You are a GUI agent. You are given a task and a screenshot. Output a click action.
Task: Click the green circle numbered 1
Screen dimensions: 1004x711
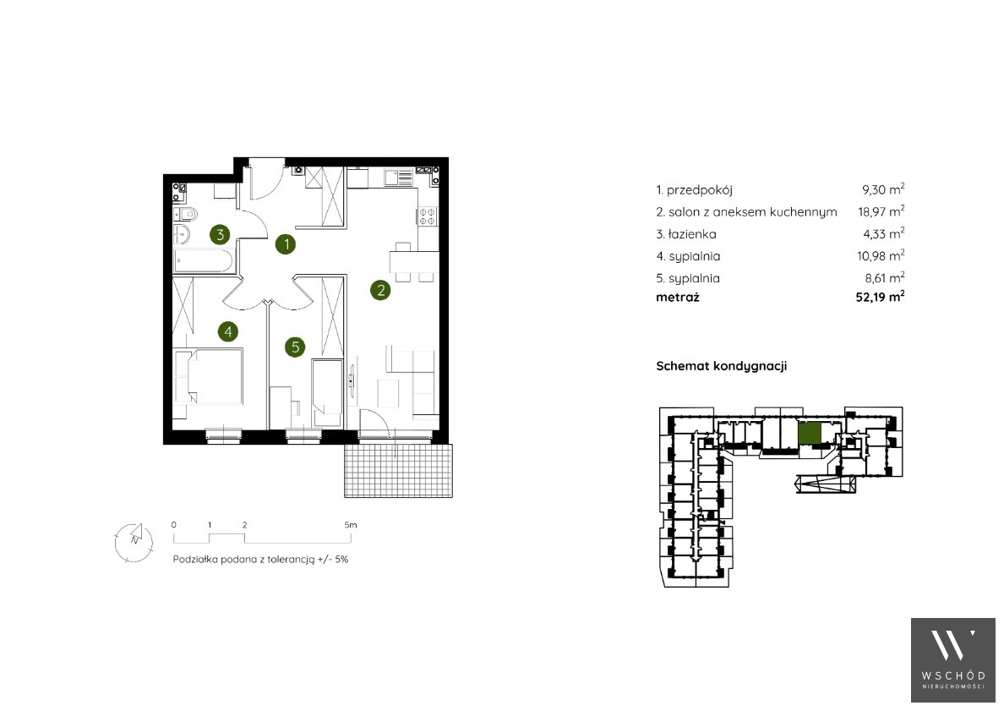pos(286,244)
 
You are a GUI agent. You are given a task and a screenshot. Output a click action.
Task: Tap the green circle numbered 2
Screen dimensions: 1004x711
pos(380,290)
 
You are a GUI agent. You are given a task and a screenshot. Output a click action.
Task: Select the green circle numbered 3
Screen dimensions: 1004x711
pos(220,234)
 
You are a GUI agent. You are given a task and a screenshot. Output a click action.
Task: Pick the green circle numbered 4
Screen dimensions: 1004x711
pos(227,331)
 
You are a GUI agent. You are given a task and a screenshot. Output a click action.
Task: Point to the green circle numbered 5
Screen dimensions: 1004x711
pos(295,347)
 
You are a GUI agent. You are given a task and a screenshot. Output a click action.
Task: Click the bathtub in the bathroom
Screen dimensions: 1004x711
pos(203,261)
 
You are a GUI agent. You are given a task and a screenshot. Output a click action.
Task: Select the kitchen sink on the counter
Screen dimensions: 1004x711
pos(399,177)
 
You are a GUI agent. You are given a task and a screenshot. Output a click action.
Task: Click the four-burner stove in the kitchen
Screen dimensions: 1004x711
pos(428,216)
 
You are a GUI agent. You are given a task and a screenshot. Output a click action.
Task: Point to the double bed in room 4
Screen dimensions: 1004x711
pos(209,376)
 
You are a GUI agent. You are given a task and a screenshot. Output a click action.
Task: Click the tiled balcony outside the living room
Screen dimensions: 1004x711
pos(398,471)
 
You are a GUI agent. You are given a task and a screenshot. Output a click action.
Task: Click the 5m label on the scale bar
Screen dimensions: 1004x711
pos(350,525)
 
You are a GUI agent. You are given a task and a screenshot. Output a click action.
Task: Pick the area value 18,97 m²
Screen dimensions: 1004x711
pos(881,211)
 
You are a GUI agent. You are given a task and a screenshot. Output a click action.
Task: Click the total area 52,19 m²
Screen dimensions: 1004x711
pos(880,297)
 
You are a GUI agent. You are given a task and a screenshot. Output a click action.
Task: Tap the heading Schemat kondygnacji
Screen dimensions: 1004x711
pos(722,366)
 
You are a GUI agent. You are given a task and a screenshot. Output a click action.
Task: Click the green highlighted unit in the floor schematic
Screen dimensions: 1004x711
pos(810,434)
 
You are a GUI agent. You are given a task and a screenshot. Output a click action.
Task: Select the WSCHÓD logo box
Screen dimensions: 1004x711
pos(953,660)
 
